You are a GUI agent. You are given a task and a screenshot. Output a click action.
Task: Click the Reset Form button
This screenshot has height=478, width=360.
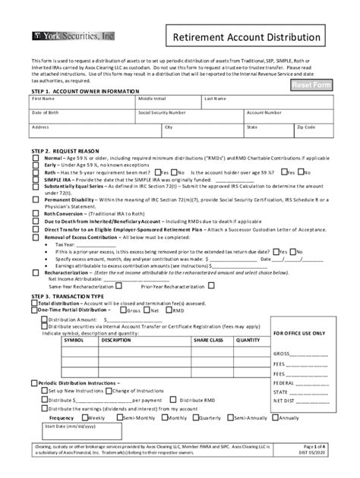click(311, 84)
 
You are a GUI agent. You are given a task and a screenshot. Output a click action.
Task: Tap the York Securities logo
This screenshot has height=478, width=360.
click(74, 35)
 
